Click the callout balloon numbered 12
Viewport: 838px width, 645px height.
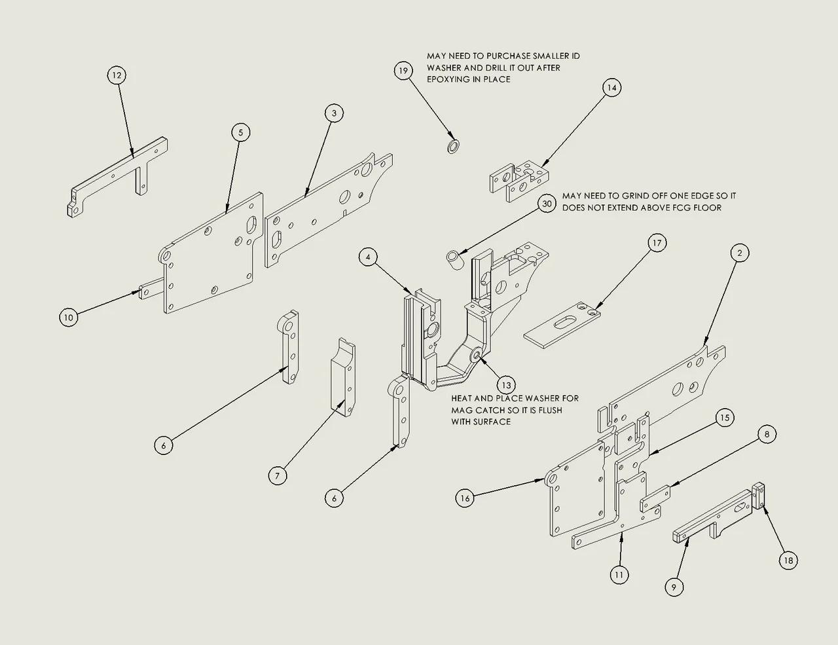[117, 75]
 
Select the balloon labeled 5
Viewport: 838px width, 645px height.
[240, 132]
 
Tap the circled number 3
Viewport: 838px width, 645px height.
[334, 113]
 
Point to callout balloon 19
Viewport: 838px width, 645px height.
[403, 70]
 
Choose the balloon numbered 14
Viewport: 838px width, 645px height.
[611, 88]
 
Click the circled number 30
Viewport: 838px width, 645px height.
[547, 204]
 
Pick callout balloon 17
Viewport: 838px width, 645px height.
[657, 243]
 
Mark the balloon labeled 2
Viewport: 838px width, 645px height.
[739, 253]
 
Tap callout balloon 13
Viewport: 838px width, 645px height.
[505, 384]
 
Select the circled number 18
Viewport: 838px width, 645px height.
[788, 561]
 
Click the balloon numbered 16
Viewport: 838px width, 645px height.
[465, 498]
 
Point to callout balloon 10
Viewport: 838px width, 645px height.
[68, 318]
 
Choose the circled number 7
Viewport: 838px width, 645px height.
[278, 475]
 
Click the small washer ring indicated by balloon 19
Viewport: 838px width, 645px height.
[452, 145]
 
